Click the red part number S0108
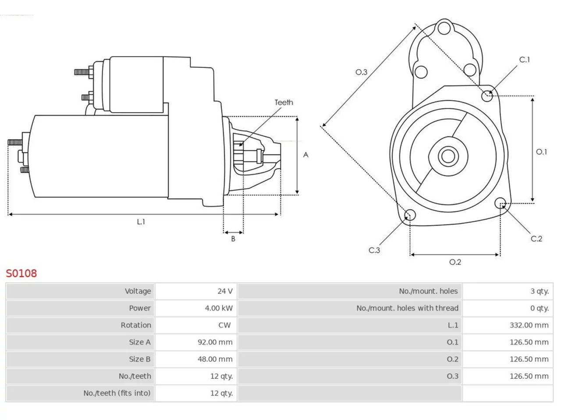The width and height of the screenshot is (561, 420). tap(21, 273)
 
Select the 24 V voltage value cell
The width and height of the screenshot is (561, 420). tap(196, 291)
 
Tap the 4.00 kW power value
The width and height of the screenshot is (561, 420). tap(219, 308)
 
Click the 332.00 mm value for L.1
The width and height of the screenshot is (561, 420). tap(529, 325)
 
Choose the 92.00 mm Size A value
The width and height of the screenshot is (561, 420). tap(215, 342)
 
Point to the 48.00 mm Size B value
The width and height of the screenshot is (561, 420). tap(215, 359)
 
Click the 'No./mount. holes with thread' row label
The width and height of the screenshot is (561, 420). tap(407, 308)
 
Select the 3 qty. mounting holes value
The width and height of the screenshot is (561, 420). tap(540, 291)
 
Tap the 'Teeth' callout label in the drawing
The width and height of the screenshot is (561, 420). tap(284, 102)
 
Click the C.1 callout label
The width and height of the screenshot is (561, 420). tap(524, 59)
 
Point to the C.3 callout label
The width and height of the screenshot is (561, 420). tap(374, 250)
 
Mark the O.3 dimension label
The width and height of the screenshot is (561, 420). tap(361, 72)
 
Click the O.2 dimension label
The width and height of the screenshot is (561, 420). tap(455, 262)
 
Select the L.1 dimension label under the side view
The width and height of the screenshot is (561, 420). tap(141, 222)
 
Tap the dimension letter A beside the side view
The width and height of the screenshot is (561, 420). tap(305, 155)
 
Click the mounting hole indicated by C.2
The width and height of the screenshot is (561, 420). tap(500, 203)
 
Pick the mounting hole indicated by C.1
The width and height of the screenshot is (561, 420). tap(487, 96)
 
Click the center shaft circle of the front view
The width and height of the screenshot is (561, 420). tap(448, 156)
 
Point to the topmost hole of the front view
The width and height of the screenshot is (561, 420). tap(444, 28)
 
